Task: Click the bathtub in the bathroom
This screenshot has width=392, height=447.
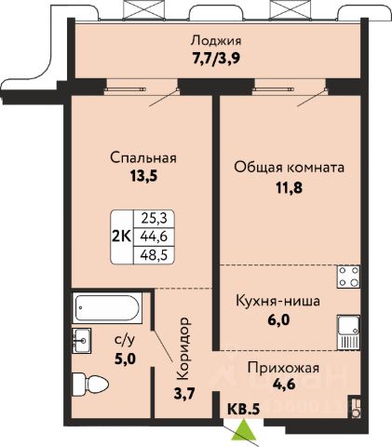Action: (x=107, y=307)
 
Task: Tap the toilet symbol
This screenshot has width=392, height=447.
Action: (x=90, y=385)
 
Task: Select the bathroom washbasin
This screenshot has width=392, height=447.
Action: (x=82, y=341)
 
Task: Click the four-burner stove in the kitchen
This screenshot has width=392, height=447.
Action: (x=349, y=277)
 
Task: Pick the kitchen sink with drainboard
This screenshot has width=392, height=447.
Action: (x=349, y=333)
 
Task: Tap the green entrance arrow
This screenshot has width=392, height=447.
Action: (x=244, y=430)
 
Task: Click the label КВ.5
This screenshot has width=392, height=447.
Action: (x=243, y=409)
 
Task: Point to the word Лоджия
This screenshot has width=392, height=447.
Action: (x=216, y=41)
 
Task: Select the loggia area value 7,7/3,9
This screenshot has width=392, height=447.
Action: (x=216, y=59)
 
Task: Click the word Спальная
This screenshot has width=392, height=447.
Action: (x=143, y=157)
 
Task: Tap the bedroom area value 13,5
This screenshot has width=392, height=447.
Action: (x=143, y=176)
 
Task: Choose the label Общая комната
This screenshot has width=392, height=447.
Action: (x=290, y=168)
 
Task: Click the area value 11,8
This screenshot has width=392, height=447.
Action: (x=290, y=187)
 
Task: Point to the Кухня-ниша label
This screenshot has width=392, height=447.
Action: (x=278, y=301)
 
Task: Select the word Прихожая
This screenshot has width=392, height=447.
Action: (x=283, y=369)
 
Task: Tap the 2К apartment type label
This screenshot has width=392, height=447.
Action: (x=122, y=237)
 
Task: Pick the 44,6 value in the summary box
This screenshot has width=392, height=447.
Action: (x=154, y=237)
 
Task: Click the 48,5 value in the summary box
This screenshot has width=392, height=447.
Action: (x=154, y=255)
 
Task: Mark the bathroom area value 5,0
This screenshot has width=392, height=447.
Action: (x=125, y=359)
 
